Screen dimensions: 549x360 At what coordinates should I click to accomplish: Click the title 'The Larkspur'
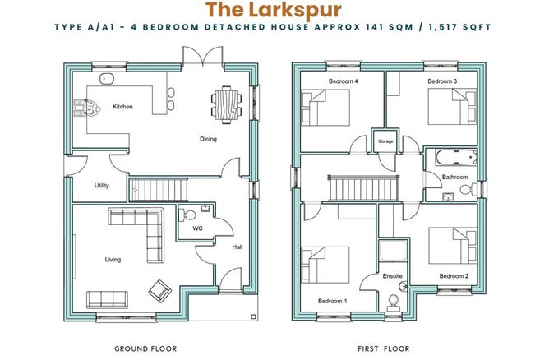pyautogui.click(x=273, y=10)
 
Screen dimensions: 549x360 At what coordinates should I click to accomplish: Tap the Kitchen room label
pyautogui.click(x=122, y=107)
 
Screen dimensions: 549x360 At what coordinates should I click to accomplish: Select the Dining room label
pyautogui.click(x=208, y=139)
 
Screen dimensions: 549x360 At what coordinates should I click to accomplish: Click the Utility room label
pyautogui.click(x=102, y=186)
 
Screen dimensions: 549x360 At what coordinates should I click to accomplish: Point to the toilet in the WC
pyautogui.click(x=187, y=215)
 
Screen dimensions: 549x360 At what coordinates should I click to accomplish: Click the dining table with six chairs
pyautogui.click(x=226, y=105)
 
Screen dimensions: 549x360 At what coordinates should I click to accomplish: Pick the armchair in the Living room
pyautogui.click(x=160, y=291)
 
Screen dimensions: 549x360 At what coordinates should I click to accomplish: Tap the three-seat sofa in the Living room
pyautogui.click(x=107, y=299)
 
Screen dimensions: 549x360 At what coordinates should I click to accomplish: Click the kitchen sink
pyautogui.click(x=106, y=79)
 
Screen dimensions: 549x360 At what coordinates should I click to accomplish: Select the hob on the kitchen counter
pyautogui.click(x=87, y=108)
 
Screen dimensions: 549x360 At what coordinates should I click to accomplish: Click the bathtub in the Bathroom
pyautogui.click(x=456, y=157)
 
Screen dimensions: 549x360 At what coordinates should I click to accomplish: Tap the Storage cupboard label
pyautogui.click(x=385, y=141)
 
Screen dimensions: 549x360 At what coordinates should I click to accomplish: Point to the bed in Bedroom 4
pyautogui.click(x=325, y=108)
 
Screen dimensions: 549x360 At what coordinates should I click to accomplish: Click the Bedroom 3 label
pyautogui.click(x=442, y=81)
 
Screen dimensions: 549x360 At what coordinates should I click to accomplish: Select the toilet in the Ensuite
pyautogui.click(x=393, y=303)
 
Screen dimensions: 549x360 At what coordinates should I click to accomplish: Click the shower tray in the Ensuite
pyautogui.click(x=393, y=251)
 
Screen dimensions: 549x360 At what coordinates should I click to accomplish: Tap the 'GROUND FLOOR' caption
pyautogui.click(x=145, y=348)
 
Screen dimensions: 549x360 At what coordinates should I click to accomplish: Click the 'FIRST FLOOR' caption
pyautogui.click(x=383, y=348)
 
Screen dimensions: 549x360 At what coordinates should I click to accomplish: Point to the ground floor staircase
pyautogui.click(x=159, y=190)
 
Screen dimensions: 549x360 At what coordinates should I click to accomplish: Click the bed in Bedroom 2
pyautogui.click(x=452, y=246)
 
